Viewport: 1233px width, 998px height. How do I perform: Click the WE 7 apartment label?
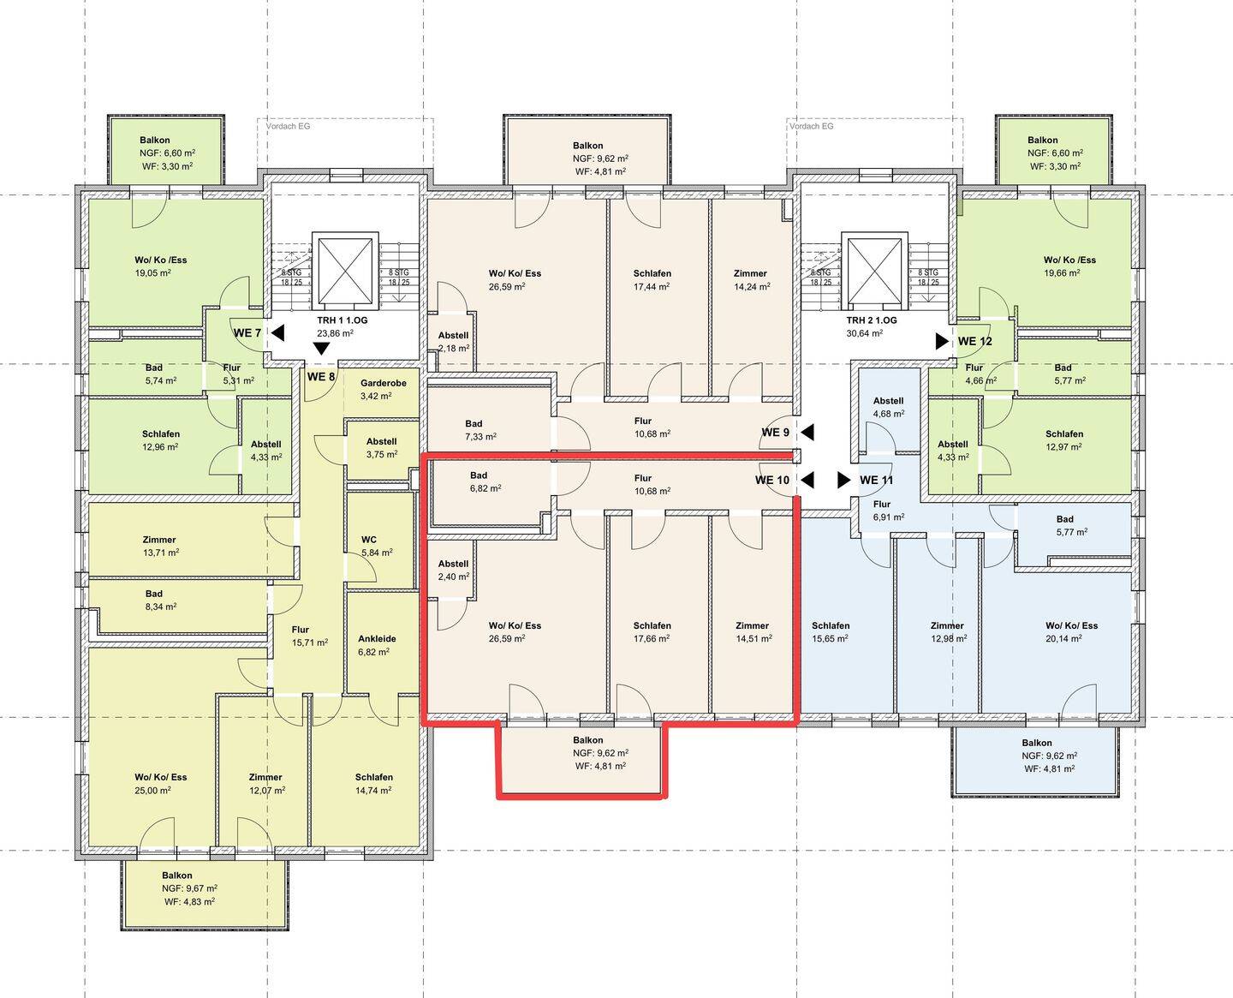(x=247, y=333)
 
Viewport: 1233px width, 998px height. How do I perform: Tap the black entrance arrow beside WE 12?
(x=942, y=341)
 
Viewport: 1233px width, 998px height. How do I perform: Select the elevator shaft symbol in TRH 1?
(x=345, y=271)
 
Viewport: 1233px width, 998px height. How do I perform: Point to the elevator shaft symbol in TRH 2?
(x=875, y=271)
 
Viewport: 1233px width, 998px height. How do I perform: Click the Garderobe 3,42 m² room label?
(x=384, y=390)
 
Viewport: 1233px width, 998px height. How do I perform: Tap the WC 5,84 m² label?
(x=377, y=547)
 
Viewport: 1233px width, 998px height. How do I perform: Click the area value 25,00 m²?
(x=152, y=791)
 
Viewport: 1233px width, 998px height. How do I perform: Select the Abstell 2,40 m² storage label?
(x=453, y=570)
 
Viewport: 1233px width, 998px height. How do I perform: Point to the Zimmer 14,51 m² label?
(x=753, y=632)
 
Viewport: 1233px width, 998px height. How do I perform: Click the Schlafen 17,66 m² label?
(x=652, y=632)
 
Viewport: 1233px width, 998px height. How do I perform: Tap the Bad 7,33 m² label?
(x=480, y=430)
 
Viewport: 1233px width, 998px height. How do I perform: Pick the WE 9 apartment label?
(x=775, y=432)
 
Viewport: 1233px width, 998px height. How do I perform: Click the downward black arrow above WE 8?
(x=321, y=349)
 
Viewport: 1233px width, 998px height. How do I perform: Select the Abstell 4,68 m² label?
(x=889, y=407)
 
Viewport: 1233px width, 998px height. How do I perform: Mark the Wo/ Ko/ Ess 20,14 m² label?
(x=1071, y=632)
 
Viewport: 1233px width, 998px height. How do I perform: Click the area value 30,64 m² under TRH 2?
(x=865, y=333)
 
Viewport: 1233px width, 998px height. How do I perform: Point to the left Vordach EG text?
(x=288, y=126)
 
